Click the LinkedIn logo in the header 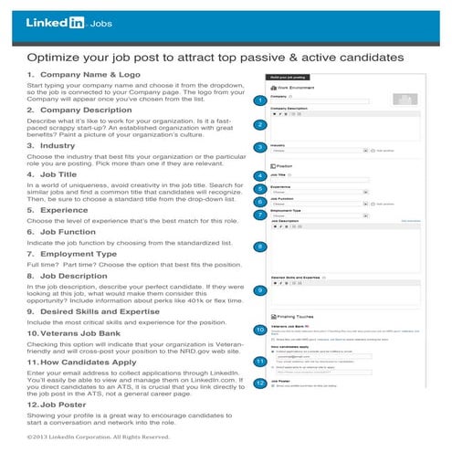point(55,22)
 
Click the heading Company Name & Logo point(86,74)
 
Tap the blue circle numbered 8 point(261,247)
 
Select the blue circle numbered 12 point(261,384)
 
